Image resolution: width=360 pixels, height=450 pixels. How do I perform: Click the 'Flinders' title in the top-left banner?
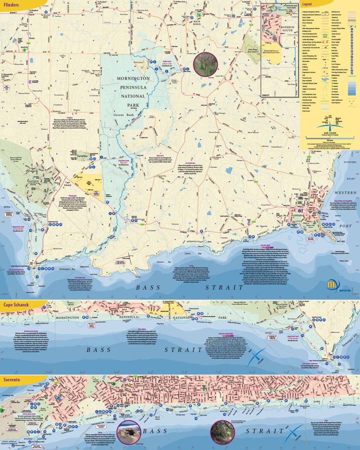point(11,5)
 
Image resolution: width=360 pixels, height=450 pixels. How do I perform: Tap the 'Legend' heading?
point(307,4)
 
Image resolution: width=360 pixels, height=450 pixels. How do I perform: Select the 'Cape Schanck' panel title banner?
point(16,305)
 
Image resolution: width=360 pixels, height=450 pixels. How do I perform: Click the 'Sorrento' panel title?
point(12,380)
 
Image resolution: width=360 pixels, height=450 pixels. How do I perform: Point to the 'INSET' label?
point(266,95)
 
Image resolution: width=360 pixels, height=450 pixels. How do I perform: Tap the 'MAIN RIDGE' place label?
point(197,23)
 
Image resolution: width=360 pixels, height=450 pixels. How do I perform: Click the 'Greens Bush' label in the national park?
point(123,115)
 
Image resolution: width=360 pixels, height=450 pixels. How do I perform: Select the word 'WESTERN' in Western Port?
point(345,193)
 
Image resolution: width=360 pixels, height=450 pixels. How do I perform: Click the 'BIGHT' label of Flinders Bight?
point(351,179)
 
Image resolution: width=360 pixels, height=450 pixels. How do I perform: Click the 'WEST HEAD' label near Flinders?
point(341,241)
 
